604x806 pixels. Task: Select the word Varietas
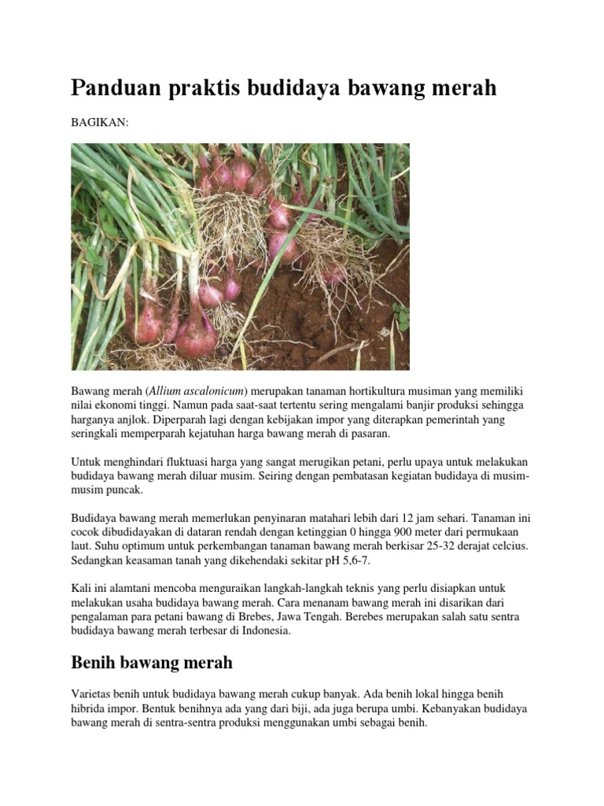point(93,695)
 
